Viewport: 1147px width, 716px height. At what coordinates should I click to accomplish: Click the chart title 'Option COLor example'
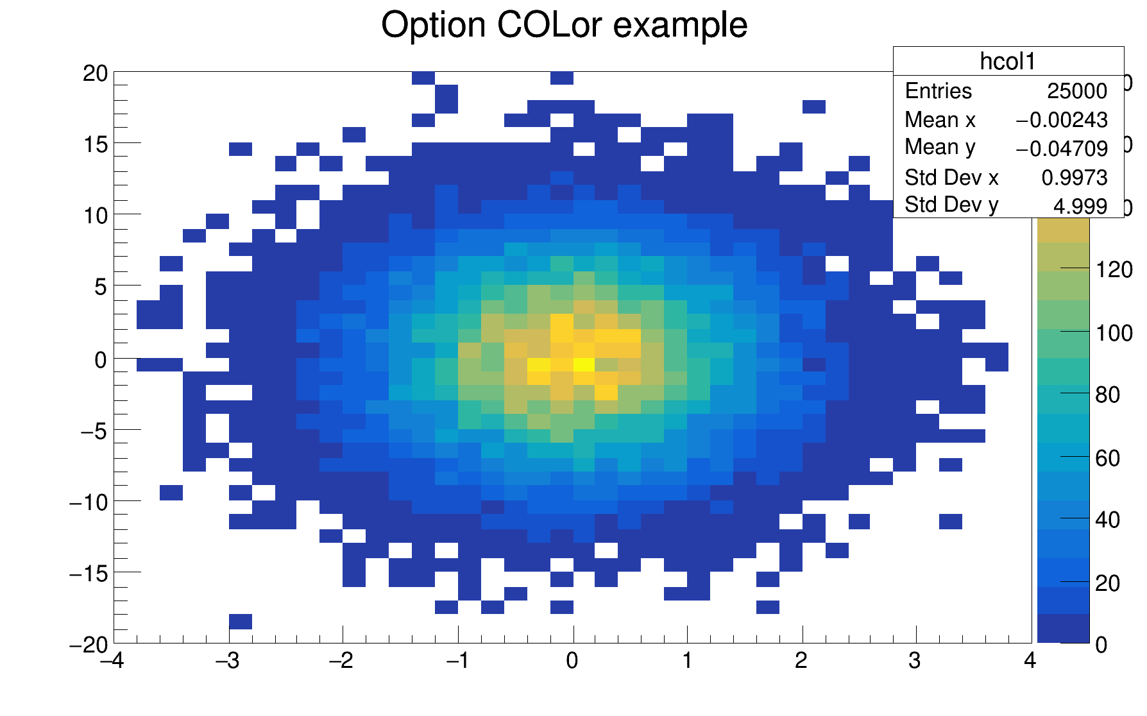coord(564,26)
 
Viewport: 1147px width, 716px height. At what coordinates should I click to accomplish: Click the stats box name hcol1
coord(1007,62)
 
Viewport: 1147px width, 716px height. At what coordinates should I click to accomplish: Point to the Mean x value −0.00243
coord(1061,120)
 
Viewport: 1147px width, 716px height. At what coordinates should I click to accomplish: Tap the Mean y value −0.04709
coord(1061,148)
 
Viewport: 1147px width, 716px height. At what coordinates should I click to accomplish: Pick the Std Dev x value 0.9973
coord(1074,177)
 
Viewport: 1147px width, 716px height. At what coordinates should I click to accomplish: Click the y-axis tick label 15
coord(95,144)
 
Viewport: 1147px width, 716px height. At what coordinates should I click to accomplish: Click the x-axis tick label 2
coord(801,661)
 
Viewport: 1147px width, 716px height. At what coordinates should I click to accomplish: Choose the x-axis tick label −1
coord(457,661)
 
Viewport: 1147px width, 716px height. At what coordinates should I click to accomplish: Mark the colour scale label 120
coord(1114,270)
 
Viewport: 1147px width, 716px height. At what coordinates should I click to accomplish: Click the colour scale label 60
coord(1107,458)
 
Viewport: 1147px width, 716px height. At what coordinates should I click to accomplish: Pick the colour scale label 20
coord(1107,583)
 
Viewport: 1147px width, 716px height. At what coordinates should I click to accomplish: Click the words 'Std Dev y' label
coord(951,205)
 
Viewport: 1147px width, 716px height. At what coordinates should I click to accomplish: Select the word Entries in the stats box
coord(938,91)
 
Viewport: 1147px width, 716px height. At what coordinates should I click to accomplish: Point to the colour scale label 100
coord(1114,333)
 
